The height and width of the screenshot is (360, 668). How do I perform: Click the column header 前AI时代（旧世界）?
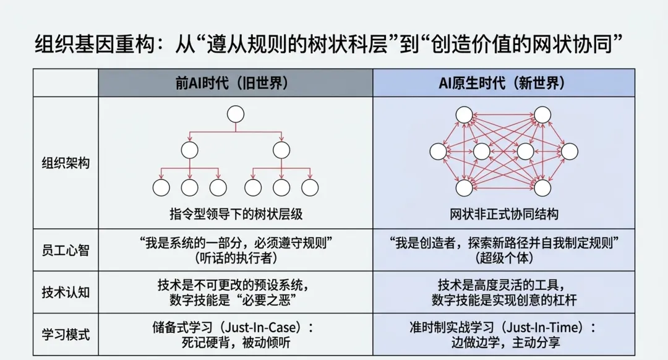[236, 83]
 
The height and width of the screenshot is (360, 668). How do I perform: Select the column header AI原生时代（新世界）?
[503, 83]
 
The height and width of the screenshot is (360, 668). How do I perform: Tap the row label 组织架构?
[66, 163]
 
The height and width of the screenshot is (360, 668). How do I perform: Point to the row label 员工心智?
[66, 250]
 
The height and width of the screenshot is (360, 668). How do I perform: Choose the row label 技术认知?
[66, 292]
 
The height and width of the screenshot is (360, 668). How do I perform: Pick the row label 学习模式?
[66, 335]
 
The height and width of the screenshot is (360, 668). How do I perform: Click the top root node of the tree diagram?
[236, 114]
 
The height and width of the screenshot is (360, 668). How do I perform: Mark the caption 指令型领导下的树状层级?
[236, 214]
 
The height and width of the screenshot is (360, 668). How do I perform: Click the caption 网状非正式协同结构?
[504, 214]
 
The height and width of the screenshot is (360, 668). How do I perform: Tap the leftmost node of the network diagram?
[438, 151]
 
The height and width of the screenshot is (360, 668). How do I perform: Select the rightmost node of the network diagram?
[570, 151]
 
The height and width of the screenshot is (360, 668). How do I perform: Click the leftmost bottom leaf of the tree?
[161, 187]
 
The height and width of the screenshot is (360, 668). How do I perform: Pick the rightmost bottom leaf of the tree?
[310, 187]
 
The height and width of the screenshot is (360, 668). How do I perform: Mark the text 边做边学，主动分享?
[504, 342]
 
